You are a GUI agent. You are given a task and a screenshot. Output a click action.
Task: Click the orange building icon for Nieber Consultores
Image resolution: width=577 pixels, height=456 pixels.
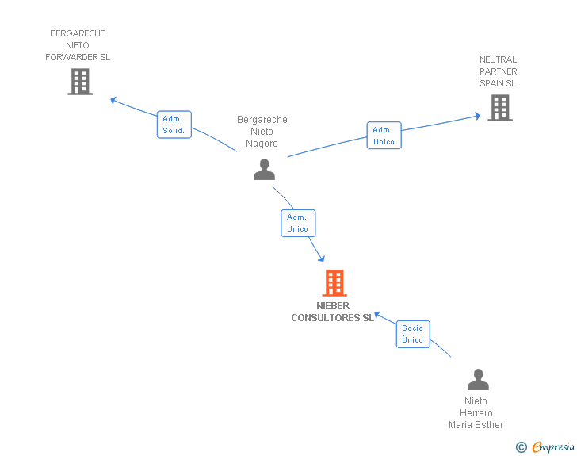tap(334, 283)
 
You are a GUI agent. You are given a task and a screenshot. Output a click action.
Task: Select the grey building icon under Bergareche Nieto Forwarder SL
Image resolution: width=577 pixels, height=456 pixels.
tap(80, 82)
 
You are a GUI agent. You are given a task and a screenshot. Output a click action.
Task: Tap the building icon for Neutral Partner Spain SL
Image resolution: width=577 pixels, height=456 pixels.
tap(500, 108)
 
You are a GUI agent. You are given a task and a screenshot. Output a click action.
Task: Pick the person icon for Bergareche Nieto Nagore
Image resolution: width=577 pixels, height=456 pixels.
tap(264, 169)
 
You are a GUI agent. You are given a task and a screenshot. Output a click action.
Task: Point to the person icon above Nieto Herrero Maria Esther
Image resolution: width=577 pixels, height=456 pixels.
tap(478, 379)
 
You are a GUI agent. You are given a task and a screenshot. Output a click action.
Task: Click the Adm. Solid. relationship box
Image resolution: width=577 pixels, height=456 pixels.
tap(174, 125)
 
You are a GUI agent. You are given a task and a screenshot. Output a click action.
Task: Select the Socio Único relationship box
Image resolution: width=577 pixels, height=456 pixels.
tap(413, 334)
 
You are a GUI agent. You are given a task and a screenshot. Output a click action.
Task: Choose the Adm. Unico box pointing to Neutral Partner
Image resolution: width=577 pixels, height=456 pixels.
tap(384, 135)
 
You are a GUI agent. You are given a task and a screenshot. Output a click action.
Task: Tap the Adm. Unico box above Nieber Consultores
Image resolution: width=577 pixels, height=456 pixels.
tap(298, 223)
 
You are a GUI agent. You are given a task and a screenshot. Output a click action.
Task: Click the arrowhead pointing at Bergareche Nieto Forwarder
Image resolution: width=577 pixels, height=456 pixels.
tap(113, 100)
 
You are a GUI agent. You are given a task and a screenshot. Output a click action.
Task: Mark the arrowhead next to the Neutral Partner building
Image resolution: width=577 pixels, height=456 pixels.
tap(478, 116)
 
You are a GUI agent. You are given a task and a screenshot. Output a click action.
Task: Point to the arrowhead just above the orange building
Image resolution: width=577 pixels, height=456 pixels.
tap(322, 259)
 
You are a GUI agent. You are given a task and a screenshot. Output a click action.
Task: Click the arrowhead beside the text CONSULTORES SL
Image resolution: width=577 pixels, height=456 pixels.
tap(377, 316)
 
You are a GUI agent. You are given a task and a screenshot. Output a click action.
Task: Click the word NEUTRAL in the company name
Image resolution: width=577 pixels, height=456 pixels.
tap(498, 59)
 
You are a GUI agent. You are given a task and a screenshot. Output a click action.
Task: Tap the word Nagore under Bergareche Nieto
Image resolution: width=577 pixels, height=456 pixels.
tap(262, 144)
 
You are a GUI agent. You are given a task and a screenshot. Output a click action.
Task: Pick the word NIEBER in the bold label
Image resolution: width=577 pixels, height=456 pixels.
tap(333, 306)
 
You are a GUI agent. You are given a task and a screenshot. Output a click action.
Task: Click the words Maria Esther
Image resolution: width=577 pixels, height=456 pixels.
tap(476, 425)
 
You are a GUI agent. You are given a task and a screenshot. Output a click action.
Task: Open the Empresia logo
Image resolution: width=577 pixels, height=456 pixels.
tap(553, 446)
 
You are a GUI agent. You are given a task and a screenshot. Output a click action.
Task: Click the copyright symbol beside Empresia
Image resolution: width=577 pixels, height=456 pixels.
tap(522, 447)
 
